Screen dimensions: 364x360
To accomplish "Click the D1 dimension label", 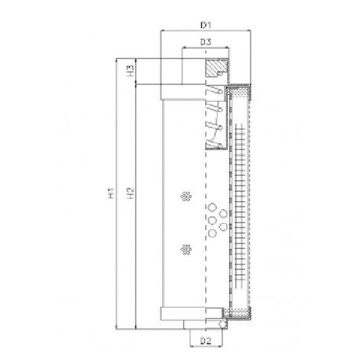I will [x=207, y=24].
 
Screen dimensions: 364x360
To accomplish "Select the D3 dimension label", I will [x=206, y=41].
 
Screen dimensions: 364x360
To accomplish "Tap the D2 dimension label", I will [x=205, y=341].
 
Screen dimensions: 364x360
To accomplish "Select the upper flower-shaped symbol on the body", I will [x=185, y=196].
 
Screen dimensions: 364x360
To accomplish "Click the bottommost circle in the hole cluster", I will [x=212, y=233].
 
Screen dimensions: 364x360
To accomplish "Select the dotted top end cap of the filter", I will [x=240, y=91].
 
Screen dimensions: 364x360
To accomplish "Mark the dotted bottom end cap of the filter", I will [x=240, y=318].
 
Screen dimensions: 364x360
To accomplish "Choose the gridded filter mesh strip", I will [x=240, y=204].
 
